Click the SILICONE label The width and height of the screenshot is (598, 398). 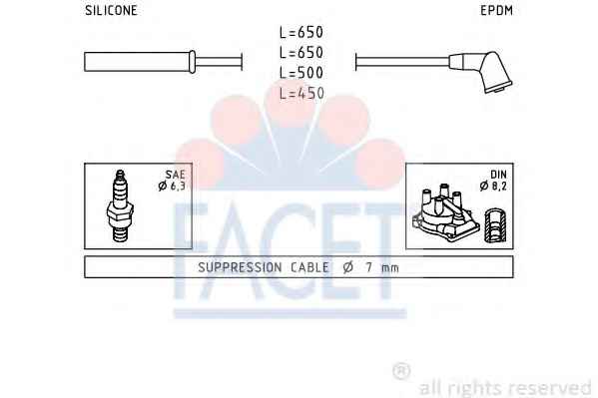point(111,10)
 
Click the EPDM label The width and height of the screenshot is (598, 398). point(496,10)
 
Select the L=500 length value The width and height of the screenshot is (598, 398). point(301,73)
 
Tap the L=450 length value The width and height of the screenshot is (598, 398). point(301,93)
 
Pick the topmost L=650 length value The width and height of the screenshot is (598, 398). point(301,32)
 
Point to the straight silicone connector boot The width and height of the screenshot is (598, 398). point(140,62)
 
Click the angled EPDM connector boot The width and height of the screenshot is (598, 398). point(481,71)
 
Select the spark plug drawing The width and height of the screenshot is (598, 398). point(120,205)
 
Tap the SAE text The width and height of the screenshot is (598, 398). point(175,175)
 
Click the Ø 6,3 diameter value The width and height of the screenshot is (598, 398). point(172,187)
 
